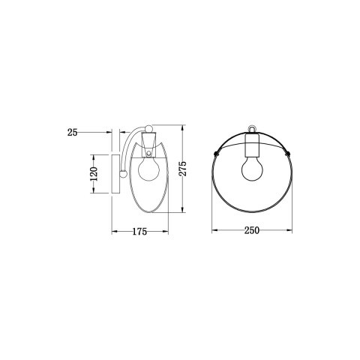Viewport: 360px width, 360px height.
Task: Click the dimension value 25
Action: pos(72,132)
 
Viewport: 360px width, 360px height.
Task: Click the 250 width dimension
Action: pos(251,231)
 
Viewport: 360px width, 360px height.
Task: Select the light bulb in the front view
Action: pos(251,169)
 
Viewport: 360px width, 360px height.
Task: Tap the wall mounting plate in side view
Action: pos(115,173)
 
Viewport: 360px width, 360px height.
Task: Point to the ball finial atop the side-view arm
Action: pos(148,128)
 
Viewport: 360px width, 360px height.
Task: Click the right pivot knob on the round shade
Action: pos(289,152)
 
